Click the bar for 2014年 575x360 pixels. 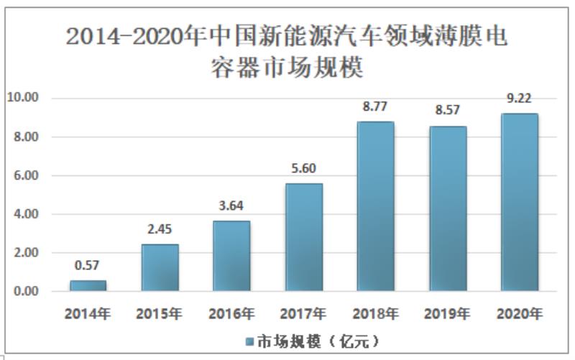click(x=88, y=285)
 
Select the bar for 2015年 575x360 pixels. click(x=160, y=267)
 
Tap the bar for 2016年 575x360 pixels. click(x=231, y=256)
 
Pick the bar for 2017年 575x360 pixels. click(x=303, y=237)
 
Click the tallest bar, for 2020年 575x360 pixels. click(x=519, y=202)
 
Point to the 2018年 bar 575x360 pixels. click(x=375, y=206)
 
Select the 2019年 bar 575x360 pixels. click(x=447, y=208)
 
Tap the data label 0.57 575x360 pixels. click(x=88, y=267)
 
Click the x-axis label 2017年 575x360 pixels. click(x=303, y=314)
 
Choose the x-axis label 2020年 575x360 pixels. click(x=519, y=314)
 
